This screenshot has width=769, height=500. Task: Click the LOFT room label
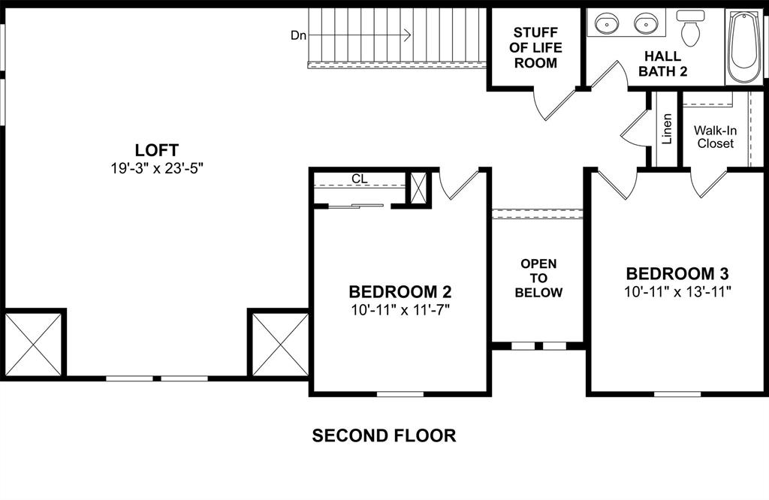pyautogui.click(x=157, y=149)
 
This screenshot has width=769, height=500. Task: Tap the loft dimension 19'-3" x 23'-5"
pyautogui.click(x=157, y=167)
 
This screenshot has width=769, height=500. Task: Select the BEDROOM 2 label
pyautogui.click(x=400, y=291)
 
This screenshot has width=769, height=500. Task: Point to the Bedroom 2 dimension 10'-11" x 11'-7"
pyautogui.click(x=400, y=309)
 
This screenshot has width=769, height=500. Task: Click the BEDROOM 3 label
pyautogui.click(x=677, y=273)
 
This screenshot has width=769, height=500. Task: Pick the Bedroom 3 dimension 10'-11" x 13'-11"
pyautogui.click(x=677, y=291)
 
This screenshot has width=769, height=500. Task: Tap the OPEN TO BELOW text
pyautogui.click(x=538, y=278)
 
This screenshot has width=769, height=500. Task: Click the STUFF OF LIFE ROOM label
pyautogui.click(x=535, y=48)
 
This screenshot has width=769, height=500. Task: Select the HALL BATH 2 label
pyautogui.click(x=663, y=64)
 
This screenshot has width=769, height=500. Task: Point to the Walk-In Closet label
pyautogui.click(x=715, y=137)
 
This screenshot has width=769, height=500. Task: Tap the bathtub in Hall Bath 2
pyautogui.click(x=743, y=47)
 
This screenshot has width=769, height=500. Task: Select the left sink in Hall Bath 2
pyautogui.click(x=607, y=24)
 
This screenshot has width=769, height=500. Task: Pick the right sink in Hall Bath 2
pyautogui.click(x=644, y=24)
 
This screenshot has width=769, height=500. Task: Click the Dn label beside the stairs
pyautogui.click(x=298, y=35)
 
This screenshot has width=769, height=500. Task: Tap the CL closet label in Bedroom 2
pyautogui.click(x=359, y=179)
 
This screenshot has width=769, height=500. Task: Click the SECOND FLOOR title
pyautogui.click(x=384, y=435)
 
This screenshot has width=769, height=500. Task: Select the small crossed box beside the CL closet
pyautogui.click(x=418, y=188)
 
